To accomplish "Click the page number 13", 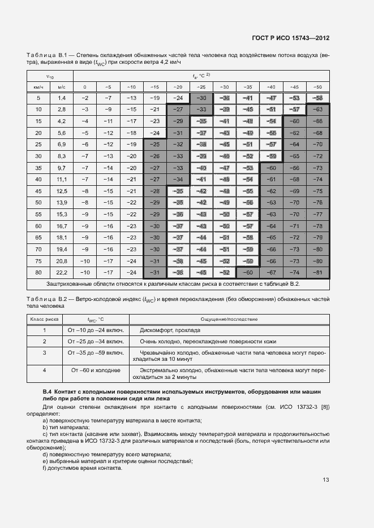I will [x=326, y=480].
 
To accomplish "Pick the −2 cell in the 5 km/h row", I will [x=85, y=98].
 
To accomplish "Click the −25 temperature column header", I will [x=201, y=87].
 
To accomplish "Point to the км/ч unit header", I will [x=38, y=87].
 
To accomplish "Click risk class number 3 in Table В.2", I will [x=44, y=352].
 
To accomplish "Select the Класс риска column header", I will [x=44, y=318].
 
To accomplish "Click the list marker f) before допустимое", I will [x=45, y=468].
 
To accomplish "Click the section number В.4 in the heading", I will [x=48, y=391].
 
